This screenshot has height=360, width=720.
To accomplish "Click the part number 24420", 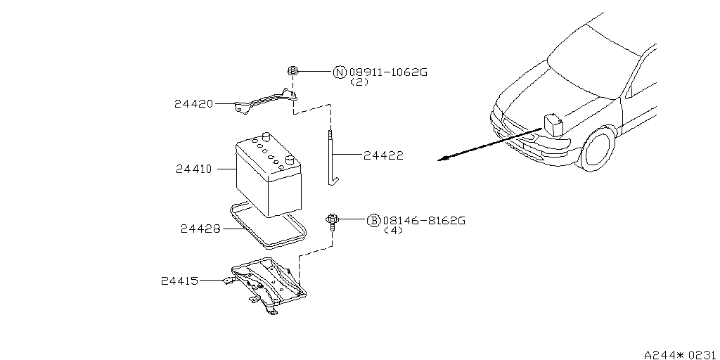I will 193,104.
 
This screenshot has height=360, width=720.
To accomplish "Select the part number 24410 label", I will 195,169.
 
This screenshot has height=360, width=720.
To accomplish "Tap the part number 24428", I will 200,229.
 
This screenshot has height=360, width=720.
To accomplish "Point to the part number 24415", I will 180,281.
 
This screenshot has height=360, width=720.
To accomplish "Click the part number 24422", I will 383,155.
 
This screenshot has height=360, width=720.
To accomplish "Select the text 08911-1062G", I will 388,72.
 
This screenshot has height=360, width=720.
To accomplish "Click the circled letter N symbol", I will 340,72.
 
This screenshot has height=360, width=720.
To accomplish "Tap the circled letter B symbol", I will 374,221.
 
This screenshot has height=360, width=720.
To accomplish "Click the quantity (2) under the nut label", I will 359,82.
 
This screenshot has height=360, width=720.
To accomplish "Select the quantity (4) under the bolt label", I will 394,231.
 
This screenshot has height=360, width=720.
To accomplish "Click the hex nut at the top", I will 292,70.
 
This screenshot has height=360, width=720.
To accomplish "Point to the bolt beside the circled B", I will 330,222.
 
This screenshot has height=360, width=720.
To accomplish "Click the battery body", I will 267,176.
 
